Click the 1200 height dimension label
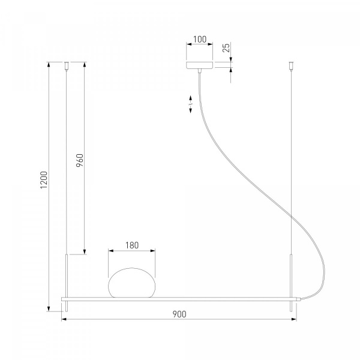tap(44, 180)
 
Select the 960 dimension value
tap(80, 160)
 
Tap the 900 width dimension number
tap(179, 314)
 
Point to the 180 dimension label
tap(132, 245)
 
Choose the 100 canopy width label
tap(200, 40)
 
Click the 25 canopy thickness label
tap(226, 48)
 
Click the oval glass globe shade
tap(131, 283)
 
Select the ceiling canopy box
tap(200, 65)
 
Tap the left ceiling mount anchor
tap(67, 65)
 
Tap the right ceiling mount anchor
tap(292, 65)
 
